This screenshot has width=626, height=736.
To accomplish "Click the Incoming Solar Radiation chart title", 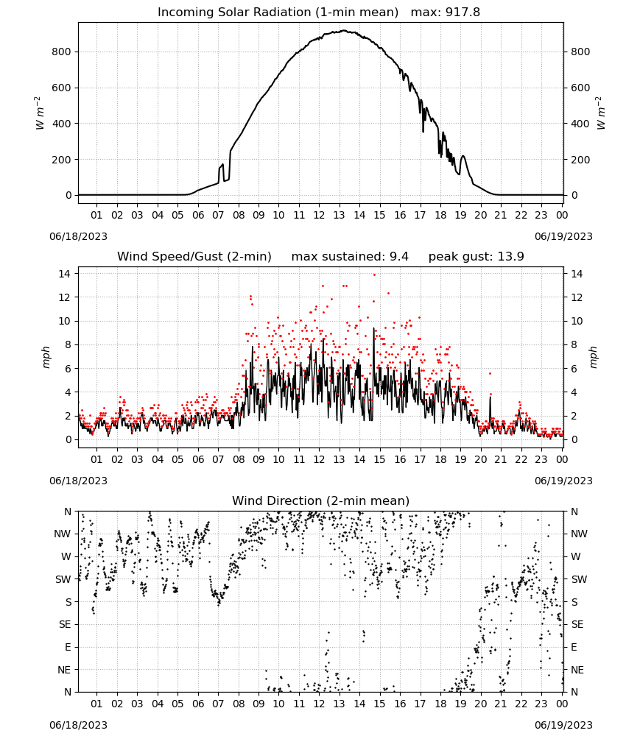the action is coord(278,12).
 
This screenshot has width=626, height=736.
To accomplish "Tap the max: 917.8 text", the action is coord(446,12).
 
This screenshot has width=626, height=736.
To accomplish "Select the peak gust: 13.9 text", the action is coord(476,256).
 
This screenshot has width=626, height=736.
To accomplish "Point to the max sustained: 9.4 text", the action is coord(350,256).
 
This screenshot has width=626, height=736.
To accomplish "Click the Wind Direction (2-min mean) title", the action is coord(321,500).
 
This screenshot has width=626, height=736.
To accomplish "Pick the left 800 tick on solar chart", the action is coord(62,52).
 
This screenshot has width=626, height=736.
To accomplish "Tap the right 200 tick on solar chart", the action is coord(580,160).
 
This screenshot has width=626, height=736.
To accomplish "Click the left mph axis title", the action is coord(46,357).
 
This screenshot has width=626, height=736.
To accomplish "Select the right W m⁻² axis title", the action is coord(601,113).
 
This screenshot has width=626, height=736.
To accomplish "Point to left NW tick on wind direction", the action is coord(63,534).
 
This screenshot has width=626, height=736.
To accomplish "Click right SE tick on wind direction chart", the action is coord(577,624).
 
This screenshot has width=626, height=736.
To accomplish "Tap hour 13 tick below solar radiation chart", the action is coord(339,215).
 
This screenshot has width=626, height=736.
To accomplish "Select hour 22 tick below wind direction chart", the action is coord(521,704).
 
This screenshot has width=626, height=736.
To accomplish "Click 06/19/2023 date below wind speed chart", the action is coord(563,481).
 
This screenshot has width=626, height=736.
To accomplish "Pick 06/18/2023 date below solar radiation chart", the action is coord(78,236).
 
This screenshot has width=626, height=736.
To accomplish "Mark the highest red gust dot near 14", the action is coord(374,275).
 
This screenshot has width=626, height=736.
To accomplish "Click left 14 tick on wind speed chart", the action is coord(65,274).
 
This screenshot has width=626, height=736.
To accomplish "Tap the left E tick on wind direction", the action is coord(68,647).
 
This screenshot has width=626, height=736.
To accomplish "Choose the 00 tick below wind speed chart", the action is coord(562,459).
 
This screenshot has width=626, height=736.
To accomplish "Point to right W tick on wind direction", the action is coord(576,556).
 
